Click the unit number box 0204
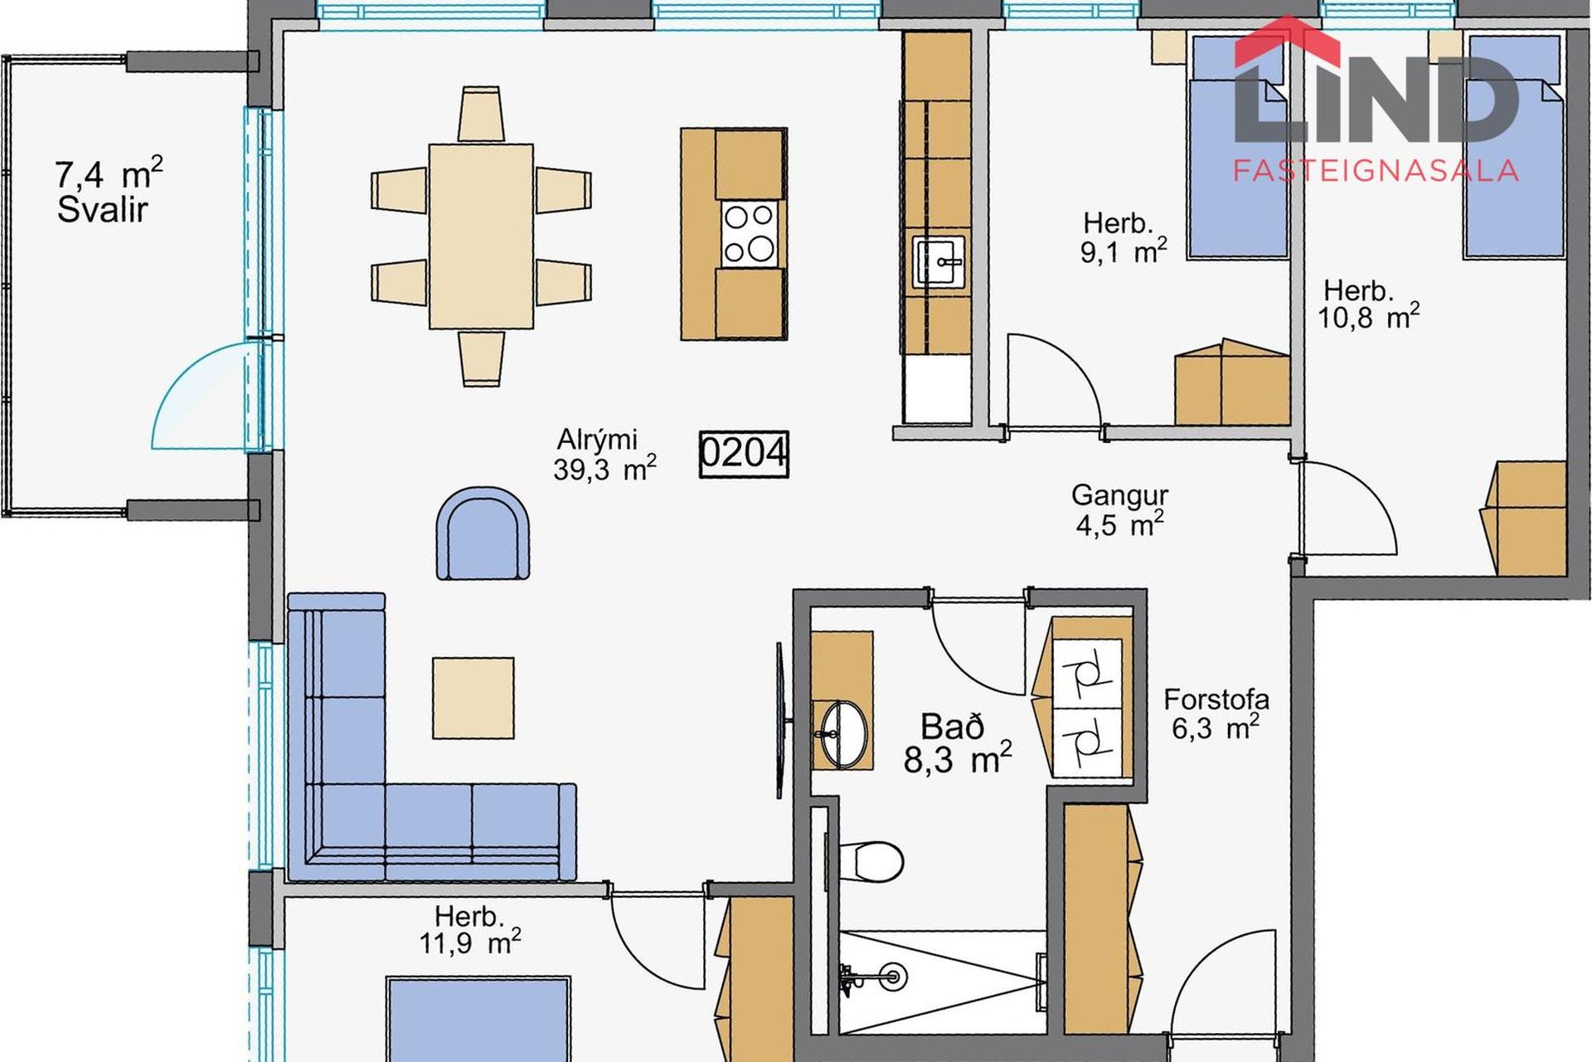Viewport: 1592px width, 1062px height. point(743,454)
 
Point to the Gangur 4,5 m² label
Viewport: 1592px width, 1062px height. point(1119,509)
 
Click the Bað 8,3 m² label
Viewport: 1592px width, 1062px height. point(957,743)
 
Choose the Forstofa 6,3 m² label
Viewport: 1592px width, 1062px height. point(1216,714)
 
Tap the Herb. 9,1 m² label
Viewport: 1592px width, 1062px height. point(1123,238)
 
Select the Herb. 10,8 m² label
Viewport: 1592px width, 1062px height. point(1368,304)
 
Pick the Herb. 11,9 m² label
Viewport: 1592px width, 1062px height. point(469,930)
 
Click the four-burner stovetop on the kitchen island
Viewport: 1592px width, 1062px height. point(750,233)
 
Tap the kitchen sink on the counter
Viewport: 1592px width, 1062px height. point(939,261)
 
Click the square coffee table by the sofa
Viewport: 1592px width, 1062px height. point(473,698)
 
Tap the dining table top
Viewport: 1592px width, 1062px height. point(481,236)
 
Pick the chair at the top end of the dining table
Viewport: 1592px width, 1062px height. point(480,114)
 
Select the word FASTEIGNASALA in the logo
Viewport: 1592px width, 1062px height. point(1376,171)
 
